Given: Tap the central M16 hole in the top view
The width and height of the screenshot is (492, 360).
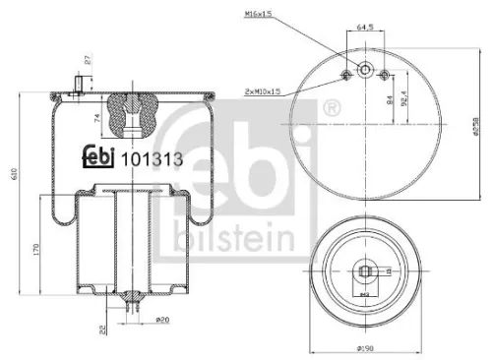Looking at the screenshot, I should tap(365, 71).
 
